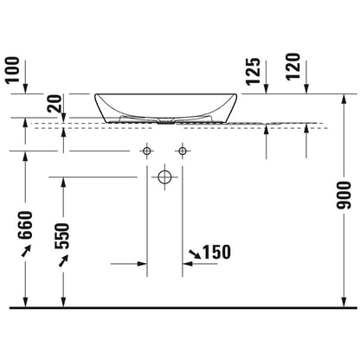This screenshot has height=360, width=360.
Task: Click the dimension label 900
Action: coord(344,196)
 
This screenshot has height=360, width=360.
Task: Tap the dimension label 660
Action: coord(25,225)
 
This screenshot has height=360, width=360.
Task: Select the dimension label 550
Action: coord(62,236)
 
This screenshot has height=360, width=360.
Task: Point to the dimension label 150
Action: coord(217,252)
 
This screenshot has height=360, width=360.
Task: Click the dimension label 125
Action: coord(253,71)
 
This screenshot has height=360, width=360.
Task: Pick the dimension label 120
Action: coord(293,67)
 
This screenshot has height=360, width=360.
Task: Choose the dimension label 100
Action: coord(13,70)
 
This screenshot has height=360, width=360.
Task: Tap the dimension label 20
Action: coord(55,104)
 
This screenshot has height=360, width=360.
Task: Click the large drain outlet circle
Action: coord(164,177)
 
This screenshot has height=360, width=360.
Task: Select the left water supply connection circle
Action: coord(147,151)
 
